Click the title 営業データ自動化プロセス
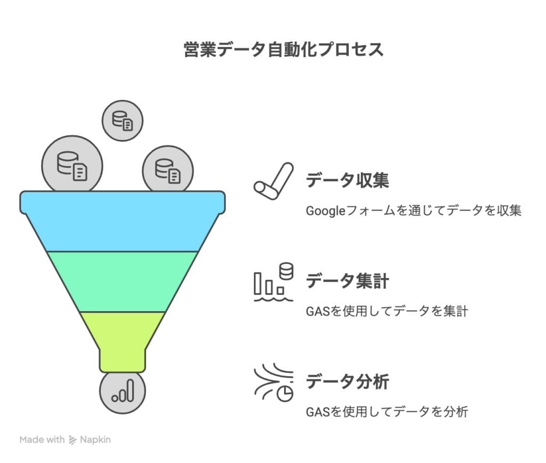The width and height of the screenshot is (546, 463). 284,50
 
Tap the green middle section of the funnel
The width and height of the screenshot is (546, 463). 122,281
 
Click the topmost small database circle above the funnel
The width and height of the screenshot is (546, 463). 122,121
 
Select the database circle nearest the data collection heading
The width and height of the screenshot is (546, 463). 167,170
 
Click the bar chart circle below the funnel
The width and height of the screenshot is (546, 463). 122,392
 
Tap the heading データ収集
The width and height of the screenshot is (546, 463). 347,180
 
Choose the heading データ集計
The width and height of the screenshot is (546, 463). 347,281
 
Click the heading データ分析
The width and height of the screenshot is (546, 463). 347,381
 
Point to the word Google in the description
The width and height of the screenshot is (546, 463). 325,211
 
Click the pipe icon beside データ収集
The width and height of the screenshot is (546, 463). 274,181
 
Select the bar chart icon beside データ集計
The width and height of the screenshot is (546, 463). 274,282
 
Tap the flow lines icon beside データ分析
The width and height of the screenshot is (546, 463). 274,383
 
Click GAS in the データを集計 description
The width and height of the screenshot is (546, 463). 318,311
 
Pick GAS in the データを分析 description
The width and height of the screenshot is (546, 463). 318,412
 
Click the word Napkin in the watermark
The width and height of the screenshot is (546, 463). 95,440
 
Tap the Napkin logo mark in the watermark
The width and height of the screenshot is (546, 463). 73,440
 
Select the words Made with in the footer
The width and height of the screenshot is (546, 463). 42,440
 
